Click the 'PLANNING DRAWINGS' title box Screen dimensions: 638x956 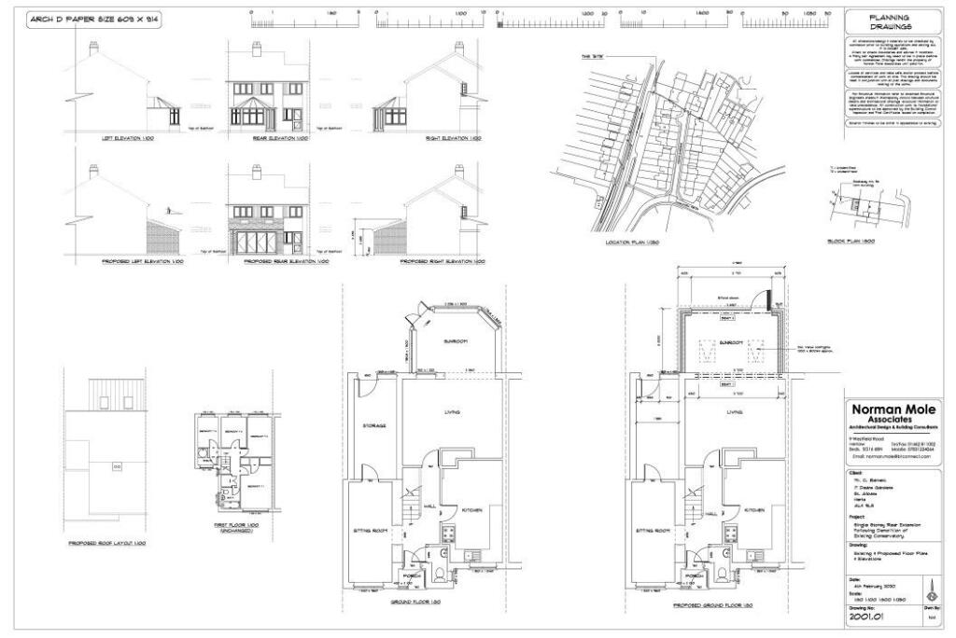(890, 21)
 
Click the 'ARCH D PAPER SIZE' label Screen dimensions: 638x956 (84, 19)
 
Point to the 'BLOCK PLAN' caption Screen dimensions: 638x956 (850, 241)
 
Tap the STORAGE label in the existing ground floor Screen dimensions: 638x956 (375, 425)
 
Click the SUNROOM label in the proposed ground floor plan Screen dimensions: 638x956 (728, 343)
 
